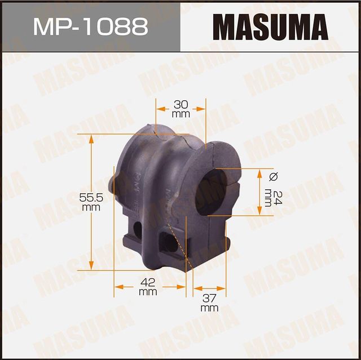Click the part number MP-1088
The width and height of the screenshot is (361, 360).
[x=90, y=26]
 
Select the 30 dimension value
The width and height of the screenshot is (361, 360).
[x=180, y=104]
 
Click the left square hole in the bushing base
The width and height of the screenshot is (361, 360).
[x=137, y=229]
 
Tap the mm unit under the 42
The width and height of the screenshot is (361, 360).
[x=147, y=292]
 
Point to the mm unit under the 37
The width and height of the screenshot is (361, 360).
[x=209, y=308]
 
